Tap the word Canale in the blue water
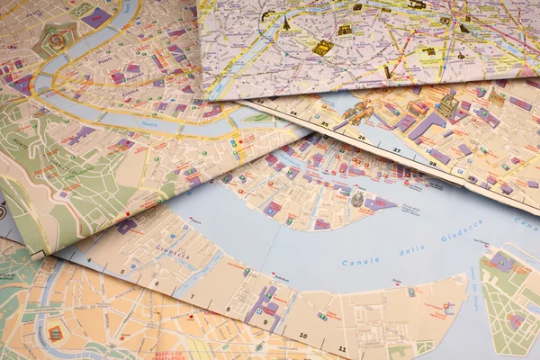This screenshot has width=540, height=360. (x=361, y=260)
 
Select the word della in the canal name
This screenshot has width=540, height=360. (x=411, y=249)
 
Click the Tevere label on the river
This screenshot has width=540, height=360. (x=149, y=123)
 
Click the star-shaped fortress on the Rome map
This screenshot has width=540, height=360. (x=57, y=40)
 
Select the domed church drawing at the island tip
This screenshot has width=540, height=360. (x=357, y=199)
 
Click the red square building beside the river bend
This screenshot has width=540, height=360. (x=56, y=333)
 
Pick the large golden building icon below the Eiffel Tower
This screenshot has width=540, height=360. (x=322, y=47)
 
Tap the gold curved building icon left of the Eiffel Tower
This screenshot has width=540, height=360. (x=267, y=14)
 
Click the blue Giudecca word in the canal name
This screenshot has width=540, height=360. (x=461, y=231)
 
